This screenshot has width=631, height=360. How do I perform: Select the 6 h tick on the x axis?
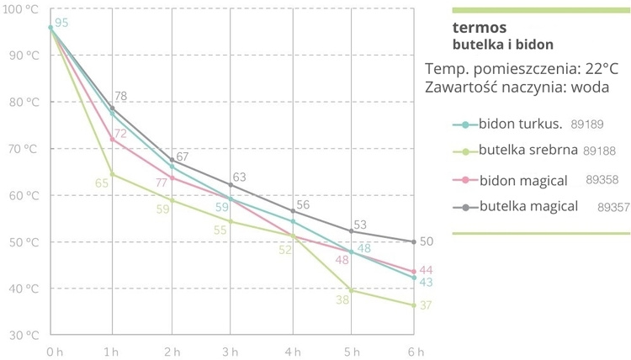tap(413, 351)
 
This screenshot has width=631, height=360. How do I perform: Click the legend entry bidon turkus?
tap(519, 124)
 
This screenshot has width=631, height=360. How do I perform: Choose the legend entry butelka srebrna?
tap(527, 151)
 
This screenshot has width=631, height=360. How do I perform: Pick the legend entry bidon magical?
tap(522, 180)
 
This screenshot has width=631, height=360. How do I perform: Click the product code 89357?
tap(613, 206)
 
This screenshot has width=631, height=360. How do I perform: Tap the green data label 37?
tap(426, 305)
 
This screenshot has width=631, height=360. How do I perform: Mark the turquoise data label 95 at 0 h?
tap(61, 23)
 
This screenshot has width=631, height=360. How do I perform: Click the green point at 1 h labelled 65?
tap(112, 174)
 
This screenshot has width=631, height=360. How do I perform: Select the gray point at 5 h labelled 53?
tap(353, 230)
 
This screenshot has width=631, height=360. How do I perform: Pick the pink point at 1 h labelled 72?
tap(112, 140)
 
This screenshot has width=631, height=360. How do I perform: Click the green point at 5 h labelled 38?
tap(353, 290)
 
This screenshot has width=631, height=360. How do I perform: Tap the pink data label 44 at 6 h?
tap(426, 270)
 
